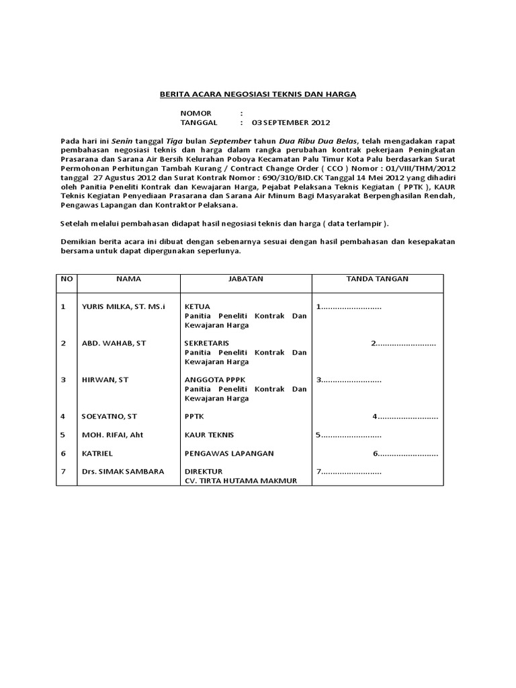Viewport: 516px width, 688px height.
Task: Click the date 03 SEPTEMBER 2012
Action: coord(291,124)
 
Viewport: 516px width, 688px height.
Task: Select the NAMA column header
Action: coord(128,278)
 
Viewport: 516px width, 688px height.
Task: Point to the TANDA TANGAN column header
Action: coord(377,278)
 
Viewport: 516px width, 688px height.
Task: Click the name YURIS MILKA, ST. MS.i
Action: coord(123,306)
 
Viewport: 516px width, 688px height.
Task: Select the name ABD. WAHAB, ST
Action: coord(112,343)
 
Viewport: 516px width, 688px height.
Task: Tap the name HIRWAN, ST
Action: coord(105,380)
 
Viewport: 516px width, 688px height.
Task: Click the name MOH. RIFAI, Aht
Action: coord(112,435)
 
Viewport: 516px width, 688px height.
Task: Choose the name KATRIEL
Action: coord(97,454)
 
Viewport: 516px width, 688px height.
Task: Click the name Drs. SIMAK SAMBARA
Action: coord(122,472)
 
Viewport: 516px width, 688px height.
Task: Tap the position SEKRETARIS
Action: coord(207,343)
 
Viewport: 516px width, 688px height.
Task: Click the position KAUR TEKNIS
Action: coord(210,435)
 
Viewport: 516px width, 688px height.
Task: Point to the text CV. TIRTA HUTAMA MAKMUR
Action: coord(240,481)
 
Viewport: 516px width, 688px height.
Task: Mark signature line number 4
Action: coord(405,417)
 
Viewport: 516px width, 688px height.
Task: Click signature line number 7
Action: coord(349,472)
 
